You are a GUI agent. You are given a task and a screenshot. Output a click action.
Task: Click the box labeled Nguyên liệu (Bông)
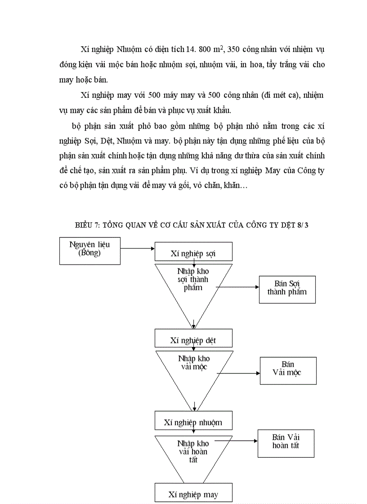click(x=90, y=251)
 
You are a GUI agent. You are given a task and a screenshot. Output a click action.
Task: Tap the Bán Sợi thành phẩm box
click(x=287, y=289)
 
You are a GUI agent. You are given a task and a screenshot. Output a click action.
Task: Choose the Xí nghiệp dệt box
click(x=193, y=339)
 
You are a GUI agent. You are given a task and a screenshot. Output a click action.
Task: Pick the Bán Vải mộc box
click(x=288, y=370)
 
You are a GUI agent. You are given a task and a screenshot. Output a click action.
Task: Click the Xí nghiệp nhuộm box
click(x=193, y=421)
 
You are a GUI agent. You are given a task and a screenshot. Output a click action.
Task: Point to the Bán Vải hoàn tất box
click(x=286, y=443)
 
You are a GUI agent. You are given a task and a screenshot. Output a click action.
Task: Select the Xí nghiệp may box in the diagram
click(x=193, y=494)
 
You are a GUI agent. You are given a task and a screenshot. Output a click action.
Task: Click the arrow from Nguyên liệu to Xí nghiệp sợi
click(x=137, y=248)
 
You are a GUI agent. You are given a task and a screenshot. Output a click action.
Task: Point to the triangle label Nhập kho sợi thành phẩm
click(x=193, y=280)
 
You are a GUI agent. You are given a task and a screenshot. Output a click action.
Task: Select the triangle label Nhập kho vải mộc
click(x=194, y=363)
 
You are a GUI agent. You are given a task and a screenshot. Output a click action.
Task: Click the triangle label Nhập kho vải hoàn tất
click(x=193, y=451)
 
